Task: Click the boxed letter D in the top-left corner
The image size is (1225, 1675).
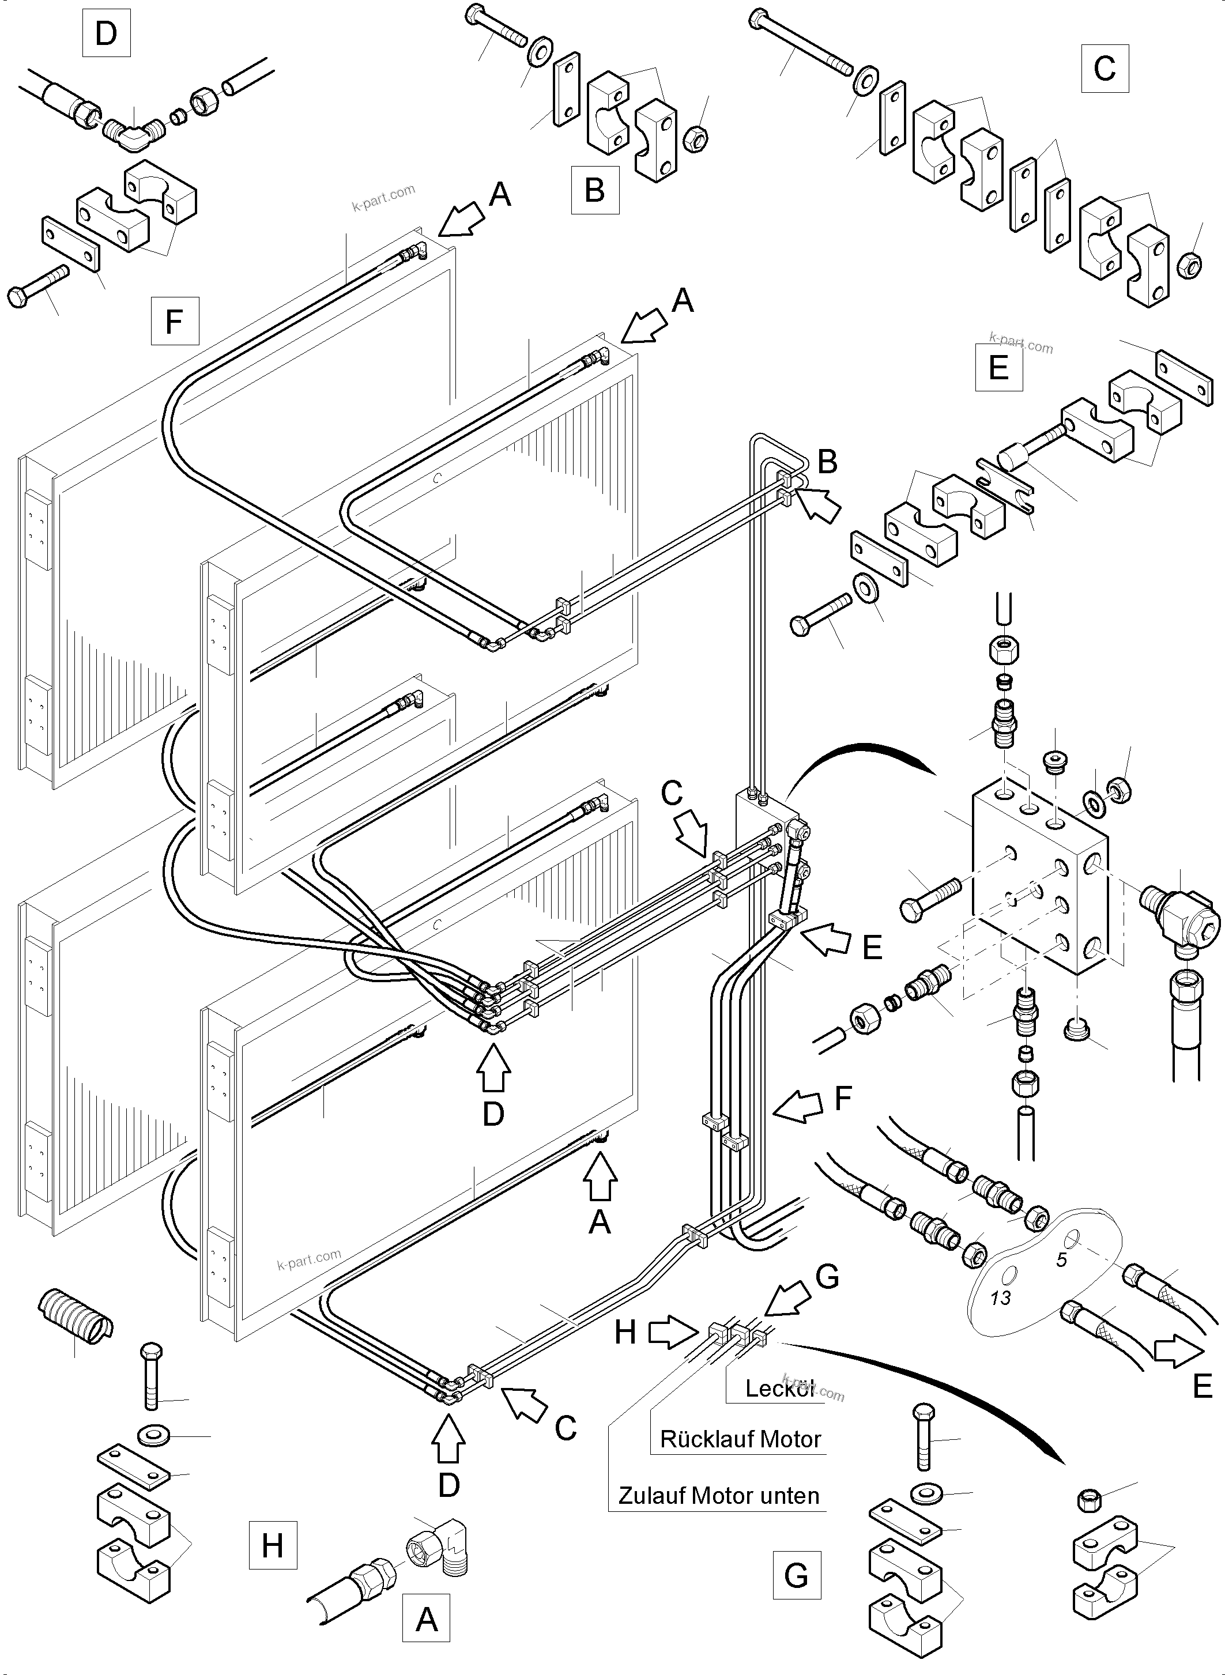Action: pyautogui.click(x=106, y=33)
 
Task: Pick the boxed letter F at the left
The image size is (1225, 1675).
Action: pyautogui.click(x=174, y=321)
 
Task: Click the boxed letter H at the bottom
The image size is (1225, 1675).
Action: pyautogui.click(x=272, y=1545)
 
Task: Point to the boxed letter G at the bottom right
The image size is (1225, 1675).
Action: pyautogui.click(x=797, y=1574)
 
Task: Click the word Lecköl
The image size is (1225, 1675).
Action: pyautogui.click(x=779, y=1388)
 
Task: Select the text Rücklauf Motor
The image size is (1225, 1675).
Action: pyautogui.click(x=740, y=1439)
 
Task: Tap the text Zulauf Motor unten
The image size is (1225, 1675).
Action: pyautogui.click(x=718, y=1496)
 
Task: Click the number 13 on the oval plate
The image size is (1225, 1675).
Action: pyautogui.click(x=1000, y=1297)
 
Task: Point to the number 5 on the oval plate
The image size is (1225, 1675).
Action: pyautogui.click(x=1061, y=1260)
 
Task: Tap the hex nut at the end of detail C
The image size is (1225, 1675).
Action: pyautogui.click(x=1189, y=264)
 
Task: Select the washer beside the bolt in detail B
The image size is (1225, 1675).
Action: pyautogui.click(x=538, y=49)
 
